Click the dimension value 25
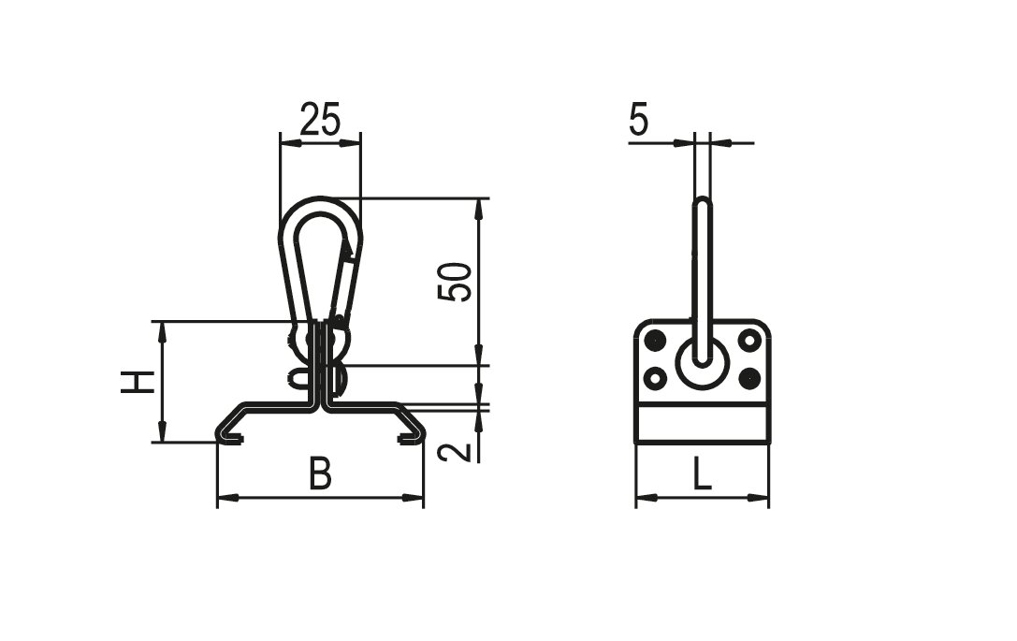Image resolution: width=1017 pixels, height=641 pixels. pos(320,120)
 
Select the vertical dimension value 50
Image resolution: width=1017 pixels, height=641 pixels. pos(455,282)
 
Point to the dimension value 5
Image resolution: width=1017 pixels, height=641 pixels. pos(639,120)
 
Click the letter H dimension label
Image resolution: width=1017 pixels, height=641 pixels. pos(138,382)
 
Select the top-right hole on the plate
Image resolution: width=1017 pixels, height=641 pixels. pos(750,340)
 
